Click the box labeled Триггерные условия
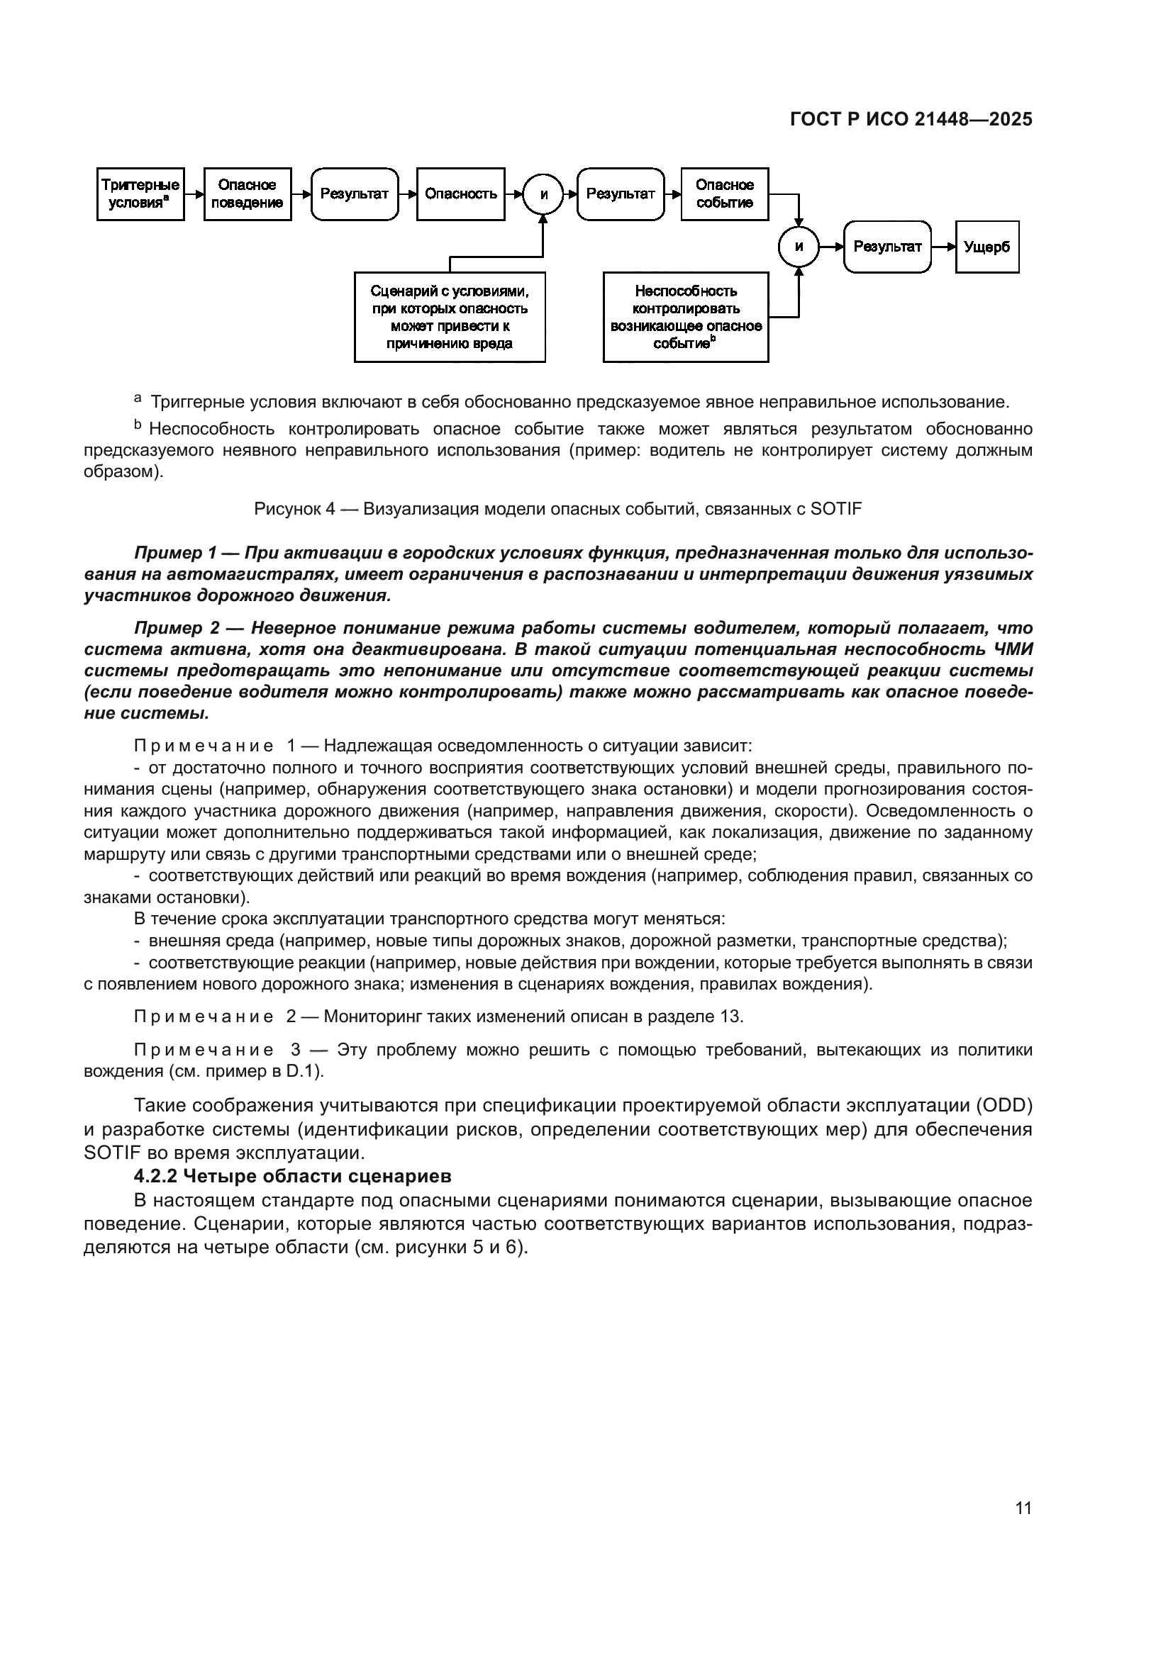tap(140, 194)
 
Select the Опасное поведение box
tap(247, 194)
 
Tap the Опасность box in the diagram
tap(460, 194)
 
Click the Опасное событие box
tap(725, 194)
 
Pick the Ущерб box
tap(986, 247)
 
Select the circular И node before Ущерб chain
tap(798, 247)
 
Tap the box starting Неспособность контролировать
tap(686, 317)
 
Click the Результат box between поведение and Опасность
tap(354, 194)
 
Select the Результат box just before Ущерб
tap(887, 247)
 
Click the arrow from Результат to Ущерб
tap(943, 247)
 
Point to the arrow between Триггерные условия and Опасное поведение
tap(194, 194)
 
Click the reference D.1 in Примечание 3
tap(302, 1071)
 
